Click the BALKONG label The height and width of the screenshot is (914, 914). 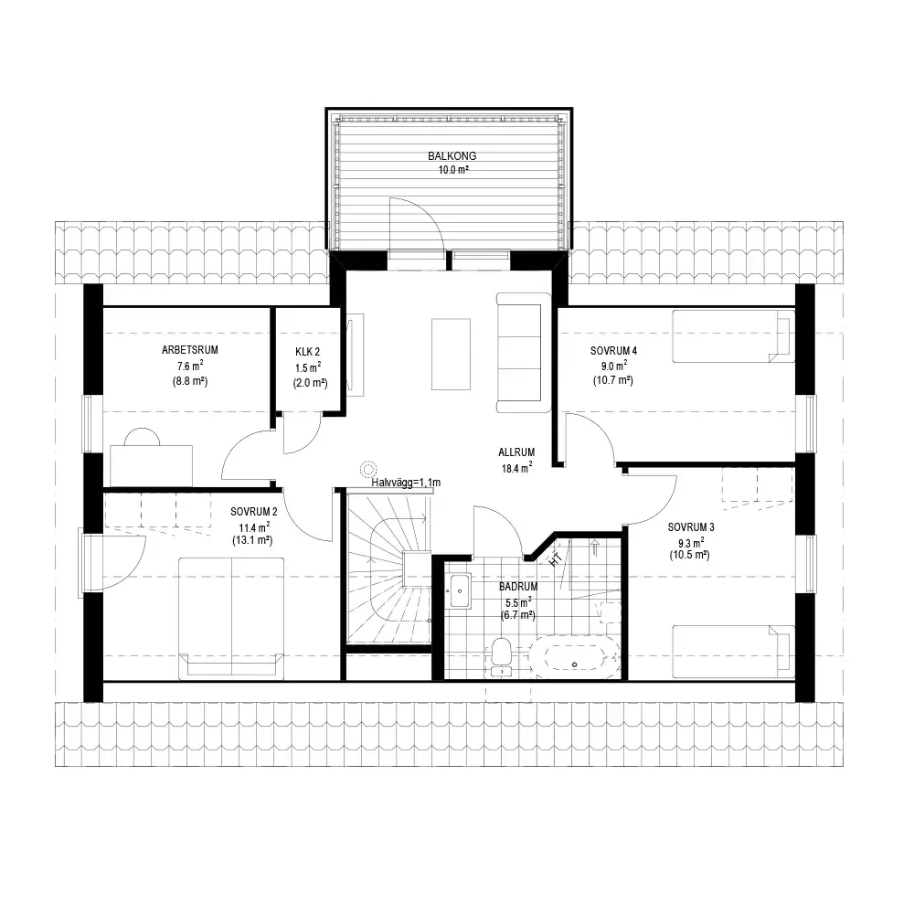coord(452,156)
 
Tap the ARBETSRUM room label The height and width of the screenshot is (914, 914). coord(190,350)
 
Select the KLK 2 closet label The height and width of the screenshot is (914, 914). coord(308,352)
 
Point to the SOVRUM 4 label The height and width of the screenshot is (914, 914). coord(614,351)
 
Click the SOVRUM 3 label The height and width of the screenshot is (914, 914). coord(691,527)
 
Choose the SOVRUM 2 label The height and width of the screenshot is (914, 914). coord(253,512)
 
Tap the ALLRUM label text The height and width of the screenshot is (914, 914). coord(516,452)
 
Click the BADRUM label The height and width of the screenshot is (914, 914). coord(518,587)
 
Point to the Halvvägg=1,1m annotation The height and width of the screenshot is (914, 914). coord(406,483)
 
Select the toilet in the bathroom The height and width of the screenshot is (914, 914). coord(501,657)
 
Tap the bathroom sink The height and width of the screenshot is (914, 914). coord(460,590)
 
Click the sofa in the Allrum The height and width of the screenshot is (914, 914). coord(524,353)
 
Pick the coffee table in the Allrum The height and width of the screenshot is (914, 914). coord(451,354)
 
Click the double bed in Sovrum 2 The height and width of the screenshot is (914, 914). coord(231,619)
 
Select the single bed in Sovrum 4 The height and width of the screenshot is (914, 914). coord(733,335)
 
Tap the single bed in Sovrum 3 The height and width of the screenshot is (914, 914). coord(733,652)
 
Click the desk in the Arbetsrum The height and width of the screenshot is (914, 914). coord(151,465)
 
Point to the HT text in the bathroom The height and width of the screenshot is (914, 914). coord(556,559)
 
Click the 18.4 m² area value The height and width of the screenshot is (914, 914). coord(517,467)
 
